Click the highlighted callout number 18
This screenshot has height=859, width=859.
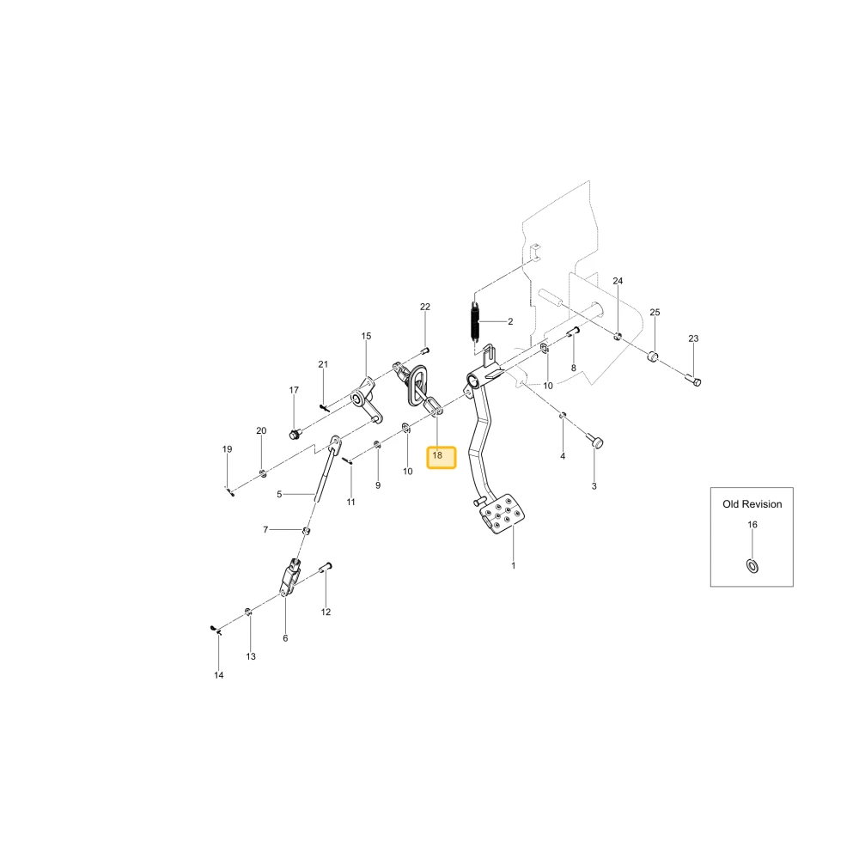pyautogui.click(x=437, y=455)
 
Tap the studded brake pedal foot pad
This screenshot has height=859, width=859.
pyautogui.click(x=503, y=514)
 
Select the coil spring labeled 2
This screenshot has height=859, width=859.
pyautogui.click(x=475, y=323)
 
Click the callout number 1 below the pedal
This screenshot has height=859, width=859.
pyautogui.click(x=514, y=565)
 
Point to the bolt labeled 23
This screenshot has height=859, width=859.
pyautogui.click(x=693, y=379)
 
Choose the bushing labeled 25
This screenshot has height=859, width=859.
pyautogui.click(x=653, y=356)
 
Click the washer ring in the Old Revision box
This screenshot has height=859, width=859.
pyautogui.click(x=752, y=566)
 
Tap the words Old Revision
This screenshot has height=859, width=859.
pyautogui.click(x=752, y=504)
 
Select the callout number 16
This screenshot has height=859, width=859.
pyautogui.click(x=752, y=525)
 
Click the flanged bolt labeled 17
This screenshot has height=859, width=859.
pyautogui.click(x=294, y=435)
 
